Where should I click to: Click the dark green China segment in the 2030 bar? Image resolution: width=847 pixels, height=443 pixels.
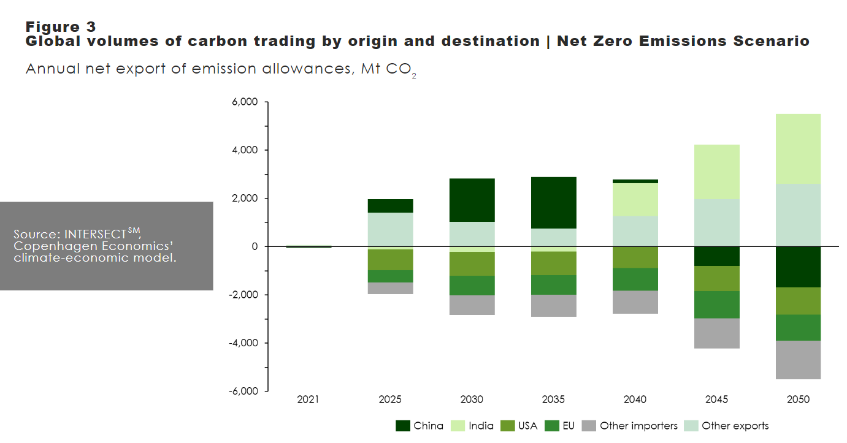tap(472, 200)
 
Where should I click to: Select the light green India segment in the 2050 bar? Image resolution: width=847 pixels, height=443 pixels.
tap(798, 149)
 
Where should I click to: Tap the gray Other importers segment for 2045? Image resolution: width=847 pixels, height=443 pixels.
tap(717, 333)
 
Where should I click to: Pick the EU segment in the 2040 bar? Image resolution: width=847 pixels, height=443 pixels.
tap(635, 279)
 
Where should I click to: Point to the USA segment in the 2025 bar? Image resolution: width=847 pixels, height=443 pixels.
tap(391, 260)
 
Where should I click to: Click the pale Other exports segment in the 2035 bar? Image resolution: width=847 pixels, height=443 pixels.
tap(554, 238)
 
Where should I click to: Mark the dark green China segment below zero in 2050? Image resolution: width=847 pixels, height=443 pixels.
tap(798, 267)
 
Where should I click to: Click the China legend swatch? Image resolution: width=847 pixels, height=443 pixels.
tap(403, 426)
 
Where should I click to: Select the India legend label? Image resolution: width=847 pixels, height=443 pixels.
tap(481, 426)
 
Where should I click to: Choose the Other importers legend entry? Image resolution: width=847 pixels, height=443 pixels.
tap(630, 426)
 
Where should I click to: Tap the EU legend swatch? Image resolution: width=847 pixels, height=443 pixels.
tap(551, 426)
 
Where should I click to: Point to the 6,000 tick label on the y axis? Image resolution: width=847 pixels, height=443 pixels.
tap(245, 102)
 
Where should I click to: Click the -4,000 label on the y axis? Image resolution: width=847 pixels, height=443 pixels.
tap(243, 343)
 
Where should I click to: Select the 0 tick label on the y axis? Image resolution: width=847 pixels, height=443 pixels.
tap(255, 246)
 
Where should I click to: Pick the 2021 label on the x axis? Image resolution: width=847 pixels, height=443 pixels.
tap(308, 399)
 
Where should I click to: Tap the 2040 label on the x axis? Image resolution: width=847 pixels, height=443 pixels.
tap(635, 399)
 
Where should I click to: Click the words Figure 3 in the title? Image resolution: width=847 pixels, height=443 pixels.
tap(61, 27)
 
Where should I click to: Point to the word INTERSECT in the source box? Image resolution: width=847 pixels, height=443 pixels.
tap(95, 234)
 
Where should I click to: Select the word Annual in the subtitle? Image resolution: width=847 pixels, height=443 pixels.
tap(53, 69)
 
